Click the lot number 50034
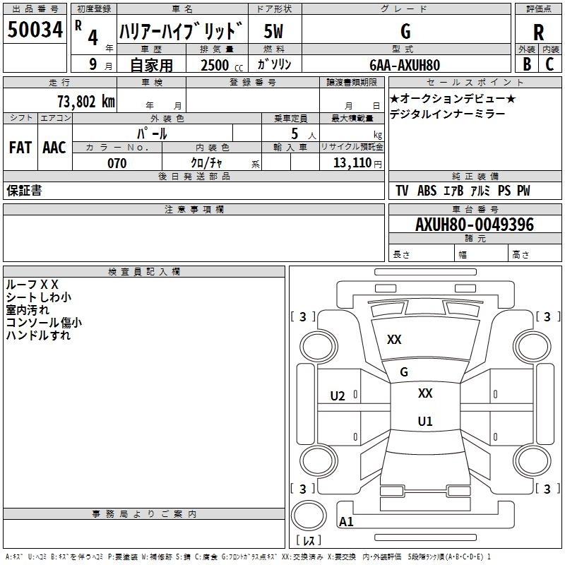click(x=35, y=30)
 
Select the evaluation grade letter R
click(x=538, y=32)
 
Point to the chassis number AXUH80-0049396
click(x=475, y=225)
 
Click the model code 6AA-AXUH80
click(x=405, y=65)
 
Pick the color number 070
click(x=117, y=163)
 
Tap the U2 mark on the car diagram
click(x=338, y=396)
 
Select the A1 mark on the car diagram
click(x=346, y=522)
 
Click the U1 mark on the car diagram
click(x=425, y=422)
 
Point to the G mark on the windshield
click(x=404, y=372)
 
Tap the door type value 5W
click(x=274, y=31)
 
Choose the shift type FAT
click(x=20, y=148)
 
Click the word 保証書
click(x=24, y=191)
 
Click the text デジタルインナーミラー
click(x=447, y=114)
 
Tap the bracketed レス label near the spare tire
click(x=308, y=541)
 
